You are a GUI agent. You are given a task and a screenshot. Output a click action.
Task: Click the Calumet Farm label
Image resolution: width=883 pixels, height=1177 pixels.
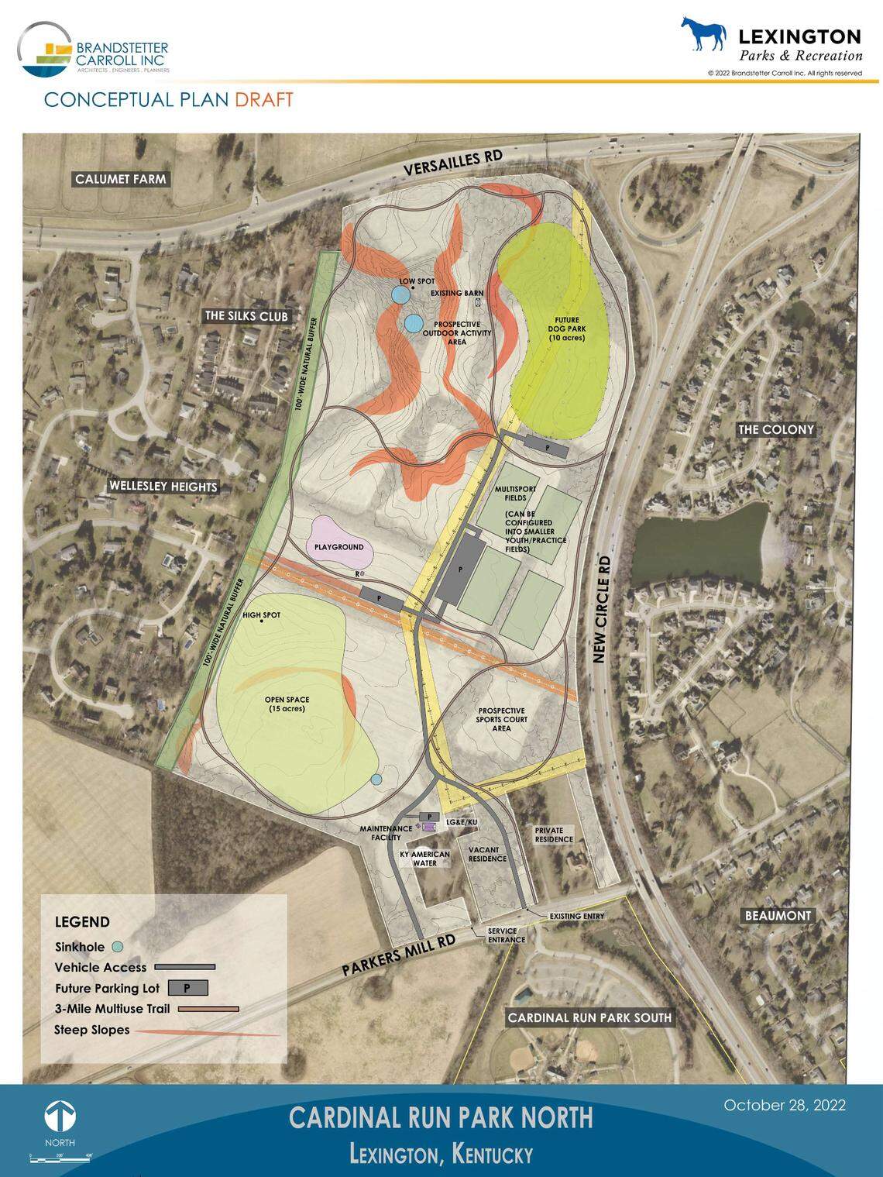click(120, 179)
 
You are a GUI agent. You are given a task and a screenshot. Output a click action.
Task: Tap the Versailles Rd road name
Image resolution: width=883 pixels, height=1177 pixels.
click(453, 164)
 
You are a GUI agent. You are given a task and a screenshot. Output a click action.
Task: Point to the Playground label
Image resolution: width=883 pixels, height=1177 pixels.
click(338, 547)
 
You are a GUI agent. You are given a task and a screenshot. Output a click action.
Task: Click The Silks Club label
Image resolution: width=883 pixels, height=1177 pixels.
click(246, 316)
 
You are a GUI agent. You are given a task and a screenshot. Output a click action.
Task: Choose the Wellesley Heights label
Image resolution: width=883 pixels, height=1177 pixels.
click(163, 487)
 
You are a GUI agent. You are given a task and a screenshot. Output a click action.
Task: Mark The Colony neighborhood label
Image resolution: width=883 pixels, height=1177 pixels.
click(776, 429)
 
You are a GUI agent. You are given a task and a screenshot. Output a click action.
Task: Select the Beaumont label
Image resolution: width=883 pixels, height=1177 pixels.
click(778, 916)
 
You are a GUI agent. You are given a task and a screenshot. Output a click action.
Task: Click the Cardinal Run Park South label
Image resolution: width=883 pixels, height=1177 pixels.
click(589, 1017)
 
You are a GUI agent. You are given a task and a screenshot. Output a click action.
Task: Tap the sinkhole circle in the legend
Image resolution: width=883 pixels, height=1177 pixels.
click(117, 947)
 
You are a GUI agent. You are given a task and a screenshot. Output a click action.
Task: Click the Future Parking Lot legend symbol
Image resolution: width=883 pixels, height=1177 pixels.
click(185, 988)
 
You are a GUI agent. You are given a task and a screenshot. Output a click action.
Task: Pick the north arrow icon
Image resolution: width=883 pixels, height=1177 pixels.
click(60, 1117)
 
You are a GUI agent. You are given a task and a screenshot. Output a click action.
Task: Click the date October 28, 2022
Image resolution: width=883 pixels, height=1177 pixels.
click(784, 1105)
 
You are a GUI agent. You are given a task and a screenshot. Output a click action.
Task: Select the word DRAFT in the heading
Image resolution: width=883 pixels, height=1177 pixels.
click(264, 100)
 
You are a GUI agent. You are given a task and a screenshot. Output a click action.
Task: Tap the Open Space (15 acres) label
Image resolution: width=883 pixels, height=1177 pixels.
click(287, 704)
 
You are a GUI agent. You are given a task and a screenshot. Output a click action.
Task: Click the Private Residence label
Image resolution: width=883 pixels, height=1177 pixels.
click(554, 835)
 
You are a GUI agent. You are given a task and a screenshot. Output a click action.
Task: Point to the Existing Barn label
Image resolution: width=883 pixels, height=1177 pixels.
click(457, 294)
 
